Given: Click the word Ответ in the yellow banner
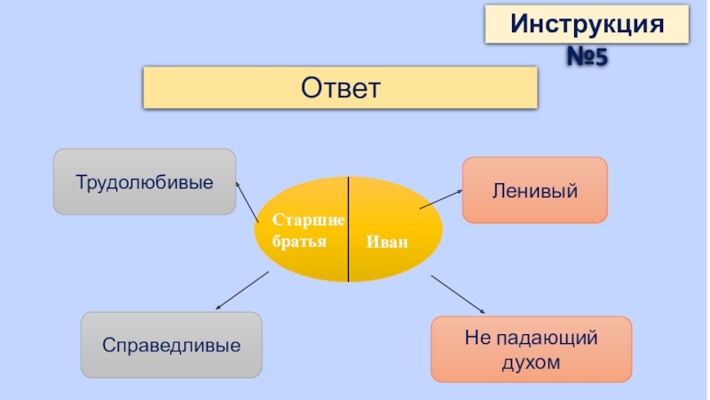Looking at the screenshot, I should point(341,87).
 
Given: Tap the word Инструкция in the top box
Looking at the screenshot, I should point(587,23).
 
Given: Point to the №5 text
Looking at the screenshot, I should point(587,59).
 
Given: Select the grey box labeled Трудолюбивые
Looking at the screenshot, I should point(144,181).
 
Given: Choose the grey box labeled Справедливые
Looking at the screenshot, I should point(171,344).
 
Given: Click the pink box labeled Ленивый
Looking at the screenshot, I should point(534,190).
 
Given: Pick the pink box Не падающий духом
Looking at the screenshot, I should point(531,349).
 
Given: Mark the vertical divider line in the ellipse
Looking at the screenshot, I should point(348,229).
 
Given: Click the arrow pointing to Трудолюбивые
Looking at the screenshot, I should point(247,201).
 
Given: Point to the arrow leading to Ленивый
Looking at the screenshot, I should point(441,198).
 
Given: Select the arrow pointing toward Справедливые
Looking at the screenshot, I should point(241,291).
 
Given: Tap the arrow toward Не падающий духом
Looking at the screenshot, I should point(458,294).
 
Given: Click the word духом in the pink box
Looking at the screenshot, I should point(531,362).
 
